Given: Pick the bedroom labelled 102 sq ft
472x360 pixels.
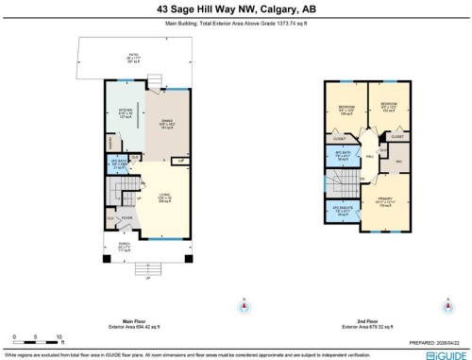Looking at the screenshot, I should (x=387, y=107).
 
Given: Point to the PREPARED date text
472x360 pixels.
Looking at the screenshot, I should (x=431, y=344).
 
